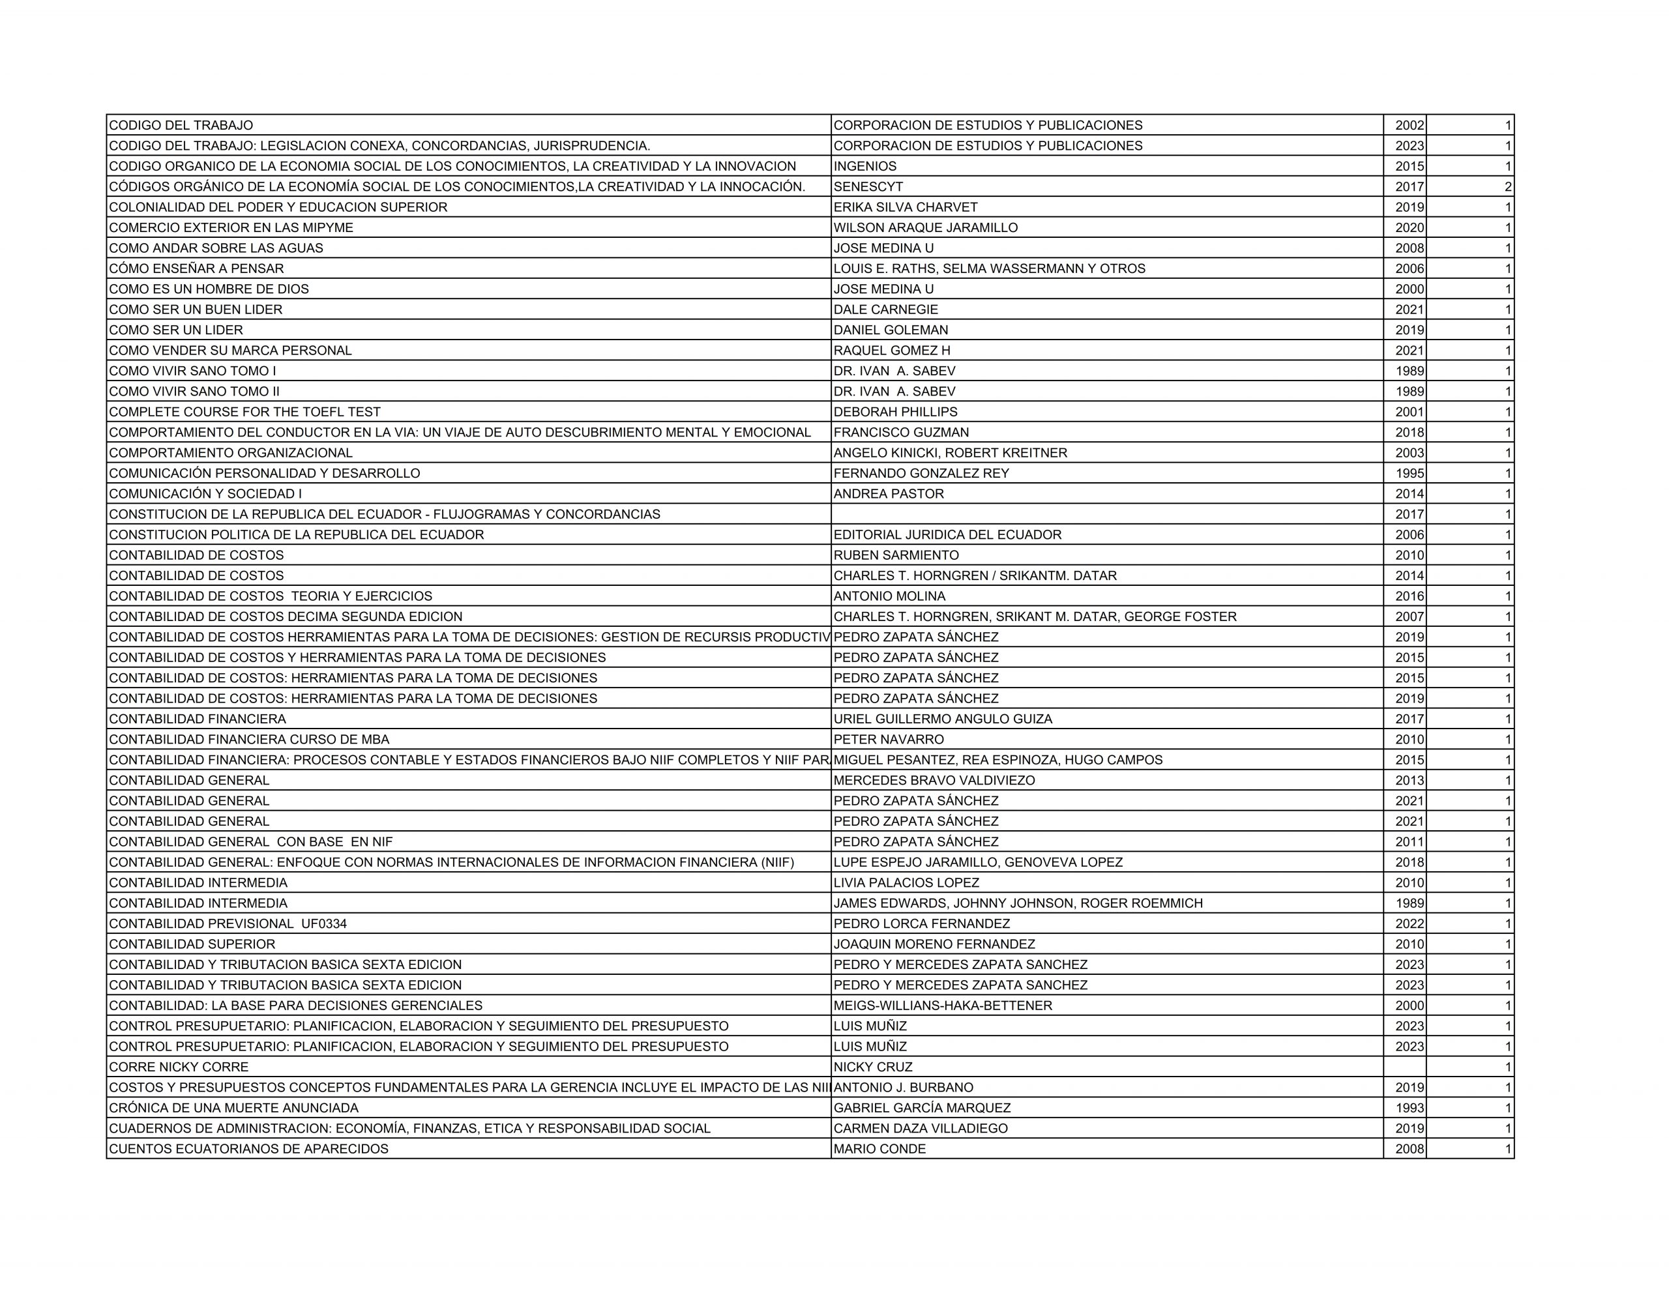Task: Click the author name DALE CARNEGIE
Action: tap(886, 310)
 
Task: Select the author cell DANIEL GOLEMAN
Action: tap(891, 330)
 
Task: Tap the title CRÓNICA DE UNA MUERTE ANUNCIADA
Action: tap(234, 1108)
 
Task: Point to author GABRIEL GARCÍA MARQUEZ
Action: tap(922, 1108)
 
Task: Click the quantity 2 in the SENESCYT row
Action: tap(1508, 186)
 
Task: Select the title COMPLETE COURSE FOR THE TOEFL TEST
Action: tap(244, 412)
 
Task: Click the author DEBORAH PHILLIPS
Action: tap(895, 412)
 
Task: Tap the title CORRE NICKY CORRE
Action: tap(179, 1067)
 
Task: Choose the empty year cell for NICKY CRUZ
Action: tap(1404, 1067)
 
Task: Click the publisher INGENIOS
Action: tap(865, 166)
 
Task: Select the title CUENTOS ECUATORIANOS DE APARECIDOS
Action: tap(249, 1148)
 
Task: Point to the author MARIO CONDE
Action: tap(879, 1148)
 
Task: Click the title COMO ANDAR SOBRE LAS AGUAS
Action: tap(216, 248)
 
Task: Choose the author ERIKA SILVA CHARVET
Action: tap(906, 207)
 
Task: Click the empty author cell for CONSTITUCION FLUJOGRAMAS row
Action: tap(1106, 514)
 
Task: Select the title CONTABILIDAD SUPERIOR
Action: tap(192, 944)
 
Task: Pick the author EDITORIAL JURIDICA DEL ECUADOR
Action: tap(947, 535)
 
